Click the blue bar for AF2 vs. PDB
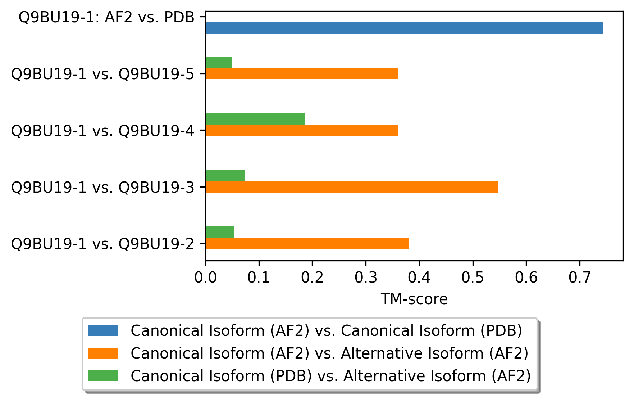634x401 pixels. (405, 28)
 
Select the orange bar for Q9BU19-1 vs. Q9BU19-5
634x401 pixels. (302, 73)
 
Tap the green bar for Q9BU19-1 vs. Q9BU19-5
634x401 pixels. (219, 62)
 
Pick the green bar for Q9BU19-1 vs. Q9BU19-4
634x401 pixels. (255, 119)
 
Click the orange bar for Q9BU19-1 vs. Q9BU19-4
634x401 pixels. (302, 130)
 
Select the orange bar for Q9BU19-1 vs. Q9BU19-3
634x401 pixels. (352, 187)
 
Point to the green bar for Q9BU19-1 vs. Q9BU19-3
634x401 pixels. (225, 176)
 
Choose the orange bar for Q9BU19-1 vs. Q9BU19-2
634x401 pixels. (307, 243)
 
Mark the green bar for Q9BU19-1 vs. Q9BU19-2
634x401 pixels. (220, 232)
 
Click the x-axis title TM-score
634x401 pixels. (414, 299)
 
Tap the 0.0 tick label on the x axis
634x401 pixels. (205, 278)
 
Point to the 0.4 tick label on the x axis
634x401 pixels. (419, 278)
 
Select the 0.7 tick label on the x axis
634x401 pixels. (580, 278)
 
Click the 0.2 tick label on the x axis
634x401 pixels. (313, 278)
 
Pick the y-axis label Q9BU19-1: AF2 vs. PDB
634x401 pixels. (107, 17)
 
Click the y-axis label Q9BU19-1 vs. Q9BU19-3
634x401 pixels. (103, 187)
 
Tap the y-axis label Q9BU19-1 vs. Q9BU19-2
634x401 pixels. (103, 244)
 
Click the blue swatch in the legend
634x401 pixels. (104, 330)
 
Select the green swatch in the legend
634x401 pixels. (104, 376)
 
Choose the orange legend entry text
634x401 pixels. (329, 353)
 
